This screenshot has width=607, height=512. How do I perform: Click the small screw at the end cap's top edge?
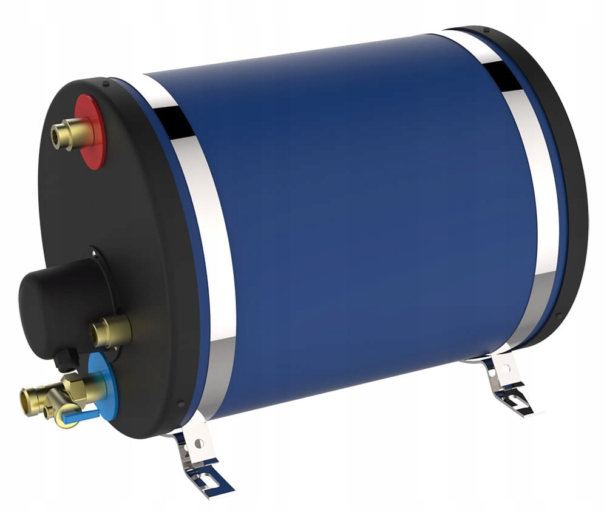click(106, 83)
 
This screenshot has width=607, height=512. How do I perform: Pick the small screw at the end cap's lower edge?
click(181, 403)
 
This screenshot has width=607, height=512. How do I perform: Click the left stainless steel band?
click(203, 243)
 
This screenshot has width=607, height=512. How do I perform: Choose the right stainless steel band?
click(534, 200)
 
